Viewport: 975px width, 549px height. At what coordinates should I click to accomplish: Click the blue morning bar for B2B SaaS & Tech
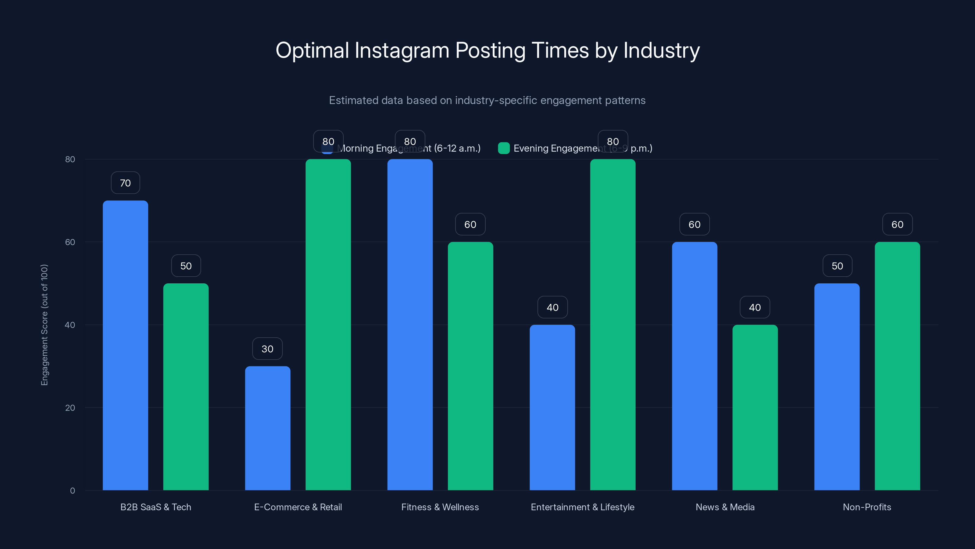click(125, 345)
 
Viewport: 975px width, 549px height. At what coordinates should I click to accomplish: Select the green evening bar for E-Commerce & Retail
click(328, 324)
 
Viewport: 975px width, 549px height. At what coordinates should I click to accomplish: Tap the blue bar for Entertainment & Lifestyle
click(552, 407)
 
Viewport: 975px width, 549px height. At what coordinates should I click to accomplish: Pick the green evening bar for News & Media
click(755, 407)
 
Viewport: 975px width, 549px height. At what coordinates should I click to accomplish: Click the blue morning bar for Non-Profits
click(837, 386)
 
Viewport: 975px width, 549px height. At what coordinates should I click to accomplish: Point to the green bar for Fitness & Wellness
click(470, 366)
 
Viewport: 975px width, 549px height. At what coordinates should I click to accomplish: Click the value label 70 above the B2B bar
click(125, 183)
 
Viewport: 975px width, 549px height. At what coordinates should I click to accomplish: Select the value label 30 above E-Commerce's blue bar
click(267, 349)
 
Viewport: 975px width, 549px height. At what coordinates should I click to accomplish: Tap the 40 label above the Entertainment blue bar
click(552, 307)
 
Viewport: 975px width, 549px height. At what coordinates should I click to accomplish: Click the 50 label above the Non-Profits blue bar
click(837, 266)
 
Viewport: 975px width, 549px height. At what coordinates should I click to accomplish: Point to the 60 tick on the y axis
click(70, 242)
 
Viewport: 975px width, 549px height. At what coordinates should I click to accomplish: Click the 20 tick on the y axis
click(70, 408)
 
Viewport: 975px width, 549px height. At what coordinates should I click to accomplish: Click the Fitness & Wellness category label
click(440, 507)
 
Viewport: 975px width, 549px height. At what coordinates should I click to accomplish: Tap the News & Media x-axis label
click(725, 507)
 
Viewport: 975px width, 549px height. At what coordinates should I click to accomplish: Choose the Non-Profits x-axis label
click(867, 507)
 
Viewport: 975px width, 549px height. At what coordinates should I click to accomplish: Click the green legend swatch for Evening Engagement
click(504, 148)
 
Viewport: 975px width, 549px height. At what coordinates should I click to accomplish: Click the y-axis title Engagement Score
click(44, 325)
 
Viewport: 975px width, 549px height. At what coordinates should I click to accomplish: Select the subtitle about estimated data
click(487, 100)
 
